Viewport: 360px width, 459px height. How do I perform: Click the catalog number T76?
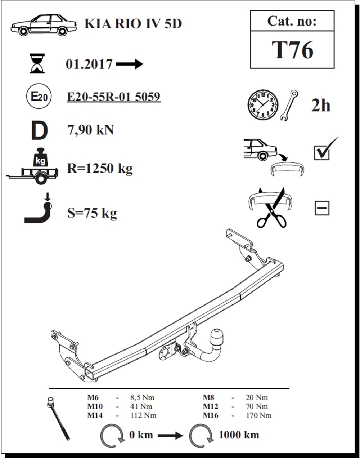pyautogui.click(x=292, y=50)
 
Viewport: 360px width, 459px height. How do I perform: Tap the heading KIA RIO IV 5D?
pyautogui.click(x=133, y=24)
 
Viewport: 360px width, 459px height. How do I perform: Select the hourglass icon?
pyautogui.click(x=37, y=63)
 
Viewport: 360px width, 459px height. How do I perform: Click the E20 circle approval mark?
pyautogui.click(x=39, y=97)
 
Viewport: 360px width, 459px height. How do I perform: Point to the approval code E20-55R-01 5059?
pyautogui.click(x=114, y=97)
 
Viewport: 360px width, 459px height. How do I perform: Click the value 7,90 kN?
pyautogui.click(x=90, y=130)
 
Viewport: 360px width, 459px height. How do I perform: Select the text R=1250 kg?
pyautogui.click(x=100, y=169)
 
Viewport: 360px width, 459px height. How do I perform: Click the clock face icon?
pyautogui.click(x=263, y=105)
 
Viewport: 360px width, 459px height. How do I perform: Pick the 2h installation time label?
pyautogui.click(x=321, y=106)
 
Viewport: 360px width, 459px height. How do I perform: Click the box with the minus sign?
pyautogui.click(x=322, y=208)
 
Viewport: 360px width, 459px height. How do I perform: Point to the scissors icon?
pyautogui.click(x=272, y=208)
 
